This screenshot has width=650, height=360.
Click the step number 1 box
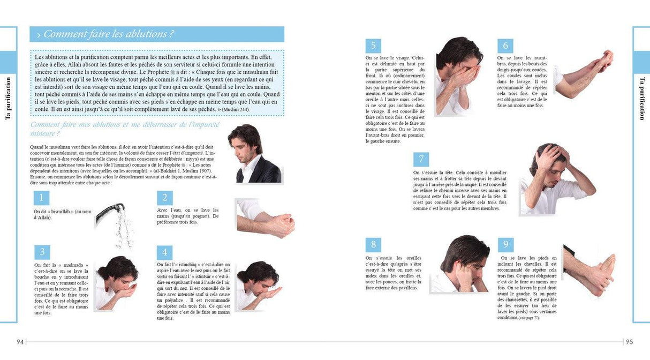click(41, 198)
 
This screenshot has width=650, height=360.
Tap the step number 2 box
click(165, 198)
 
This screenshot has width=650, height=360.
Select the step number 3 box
click(42, 252)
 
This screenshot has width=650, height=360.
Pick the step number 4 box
click(165, 252)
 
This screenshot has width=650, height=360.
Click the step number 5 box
click(373, 46)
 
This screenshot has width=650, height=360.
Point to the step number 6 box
click(505, 46)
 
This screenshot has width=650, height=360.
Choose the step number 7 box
click(421, 160)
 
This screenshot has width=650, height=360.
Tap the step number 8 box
click(373, 245)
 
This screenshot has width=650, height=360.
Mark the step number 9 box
click(505, 245)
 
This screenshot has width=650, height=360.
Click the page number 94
click(20, 342)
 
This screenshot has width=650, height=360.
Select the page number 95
click(629, 342)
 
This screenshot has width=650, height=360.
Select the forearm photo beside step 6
click(584, 72)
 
